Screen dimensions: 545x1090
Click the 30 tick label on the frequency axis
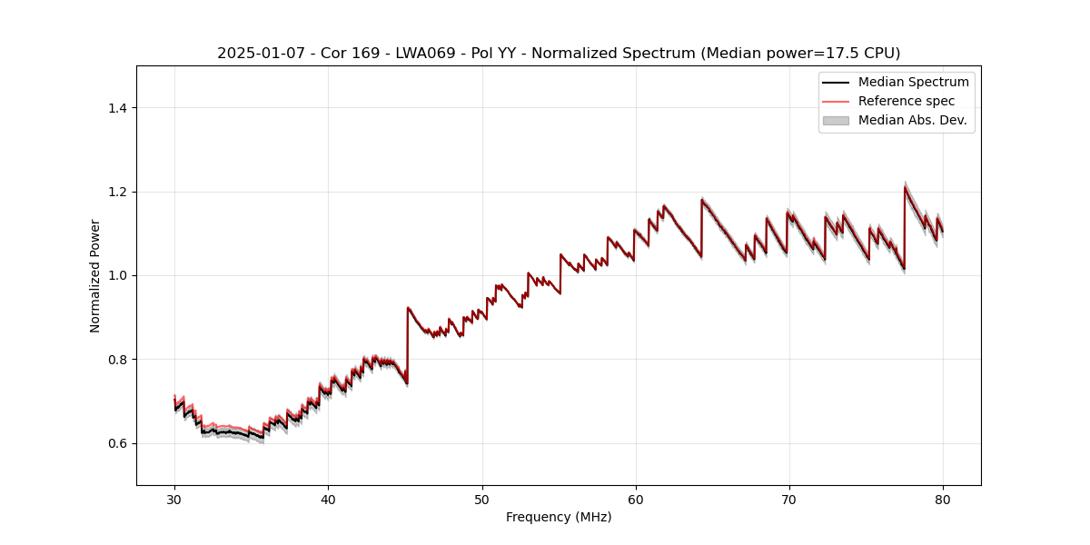[x=174, y=499]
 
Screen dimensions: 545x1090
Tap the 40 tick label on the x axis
[x=328, y=499]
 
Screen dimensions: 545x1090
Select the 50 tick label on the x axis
[x=481, y=499]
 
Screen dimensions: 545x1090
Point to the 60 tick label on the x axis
[x=636, y=499]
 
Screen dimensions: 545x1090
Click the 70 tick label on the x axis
[x=789, y=499]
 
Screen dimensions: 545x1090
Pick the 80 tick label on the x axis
[x=943, y=499]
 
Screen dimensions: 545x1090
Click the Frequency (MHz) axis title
[x=559, y=517]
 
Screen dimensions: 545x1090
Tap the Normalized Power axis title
[x=95, y=275]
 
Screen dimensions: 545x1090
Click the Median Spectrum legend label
[x=913, y=82]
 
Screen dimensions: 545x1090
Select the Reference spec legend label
[x=907, y=101]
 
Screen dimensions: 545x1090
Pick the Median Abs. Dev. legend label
[x=912, y=120]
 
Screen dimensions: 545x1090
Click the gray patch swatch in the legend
[x=836, y=120]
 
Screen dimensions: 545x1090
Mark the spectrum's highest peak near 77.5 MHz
[x=905, y=187]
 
